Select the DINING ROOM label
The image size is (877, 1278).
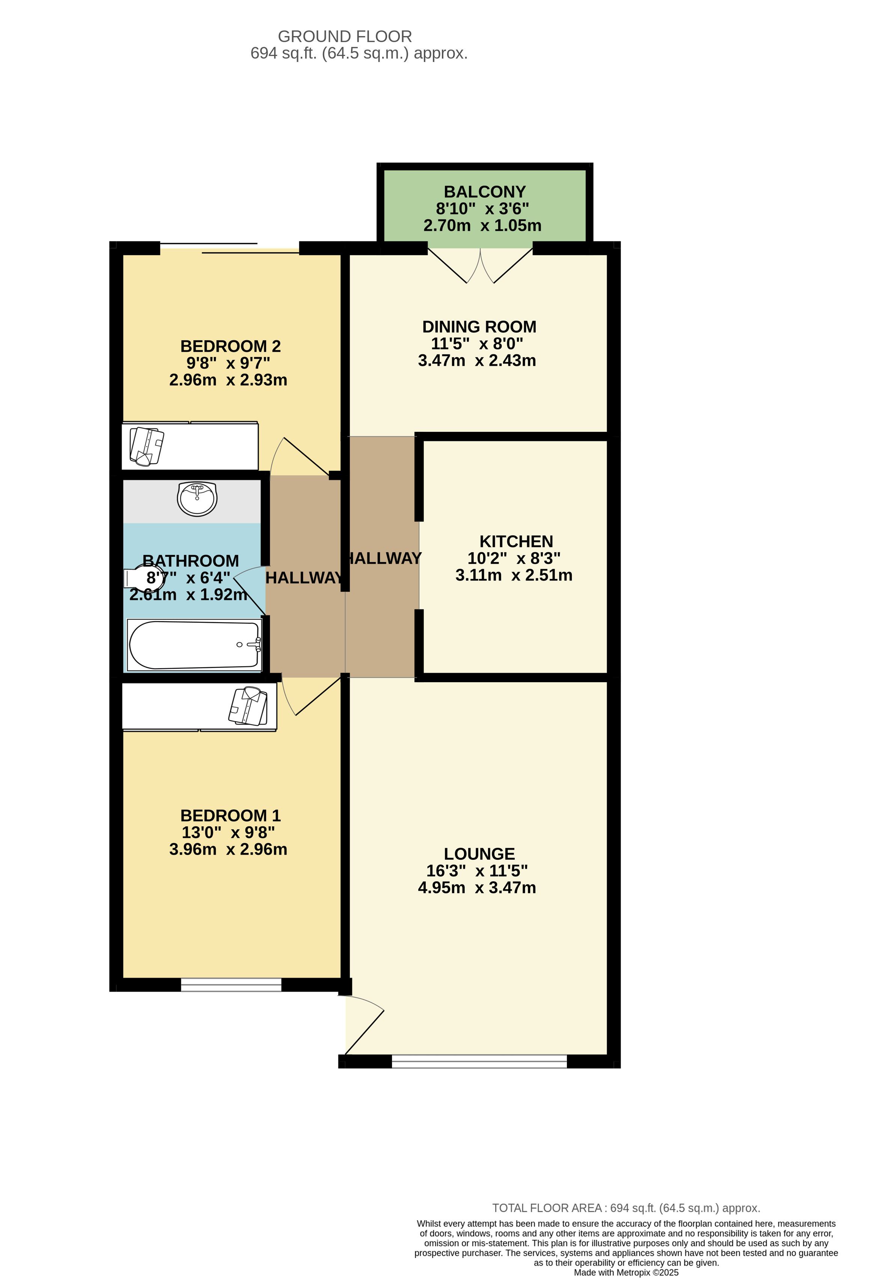click(x=479, y=327)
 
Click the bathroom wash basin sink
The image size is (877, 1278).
click(x=197, y=498)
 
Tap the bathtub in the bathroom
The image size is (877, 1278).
click(x=194, y=645)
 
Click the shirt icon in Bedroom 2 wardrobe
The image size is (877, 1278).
click(x=146, y=446)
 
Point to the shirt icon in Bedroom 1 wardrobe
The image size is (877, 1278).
click(x=248, y=706)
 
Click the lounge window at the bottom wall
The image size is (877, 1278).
click(x=479, y=1061)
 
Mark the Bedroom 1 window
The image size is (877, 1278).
click(x=231, y=984)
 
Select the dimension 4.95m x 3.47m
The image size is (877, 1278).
click(x=477, y=888)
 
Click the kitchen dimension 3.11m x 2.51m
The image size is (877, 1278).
click(x=514, y=575)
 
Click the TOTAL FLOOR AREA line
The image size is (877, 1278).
click(x=625, y=1208)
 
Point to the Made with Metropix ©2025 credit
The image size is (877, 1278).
click(x=626, y=1272)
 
